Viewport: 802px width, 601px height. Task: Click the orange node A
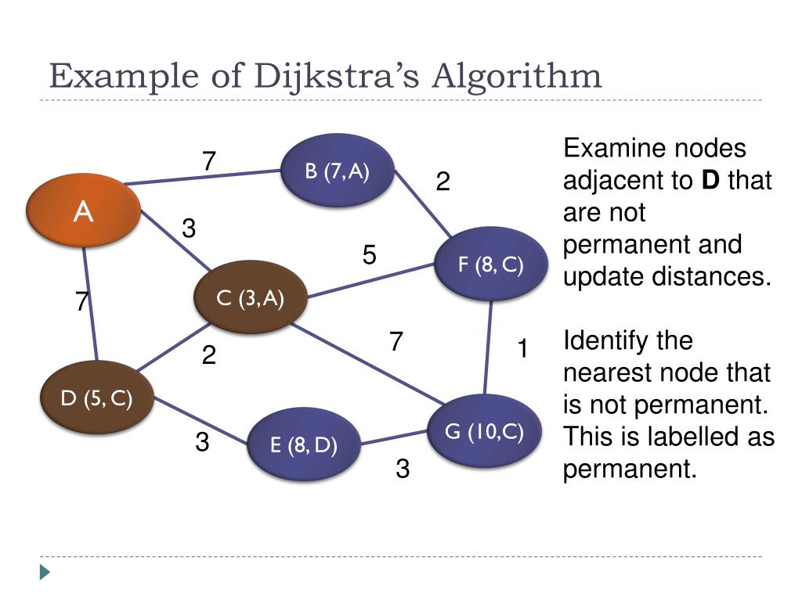coord(83,211)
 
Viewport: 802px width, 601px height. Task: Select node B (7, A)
coord(337,171)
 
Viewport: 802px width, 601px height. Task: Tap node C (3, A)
coord(250,297)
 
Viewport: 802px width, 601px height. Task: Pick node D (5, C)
coord(97,398)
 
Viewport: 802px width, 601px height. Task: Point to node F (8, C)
coord(490,264)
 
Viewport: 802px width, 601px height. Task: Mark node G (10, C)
coord(485,431)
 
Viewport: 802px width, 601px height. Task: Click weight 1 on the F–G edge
coord(522,349)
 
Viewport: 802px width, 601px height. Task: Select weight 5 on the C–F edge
coord(370,255)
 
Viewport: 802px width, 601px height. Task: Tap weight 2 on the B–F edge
coord(443,182)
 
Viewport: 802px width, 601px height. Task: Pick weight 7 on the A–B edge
coord(208,161)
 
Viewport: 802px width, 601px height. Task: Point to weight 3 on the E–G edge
coord(403,469)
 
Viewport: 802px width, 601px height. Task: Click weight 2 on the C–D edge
coord(208,356)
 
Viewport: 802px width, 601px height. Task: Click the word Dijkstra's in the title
coord(340,77)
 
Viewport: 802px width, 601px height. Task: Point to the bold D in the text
coord(710,181)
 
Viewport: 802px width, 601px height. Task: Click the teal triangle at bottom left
coord(45,572)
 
